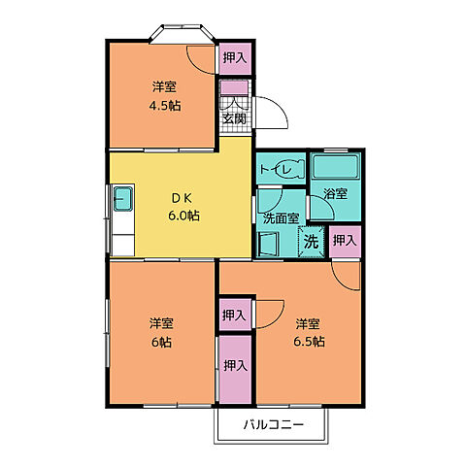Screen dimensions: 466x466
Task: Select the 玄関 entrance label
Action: click(x=233, y=118)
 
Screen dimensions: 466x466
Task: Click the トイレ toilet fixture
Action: click(x=282, y=167)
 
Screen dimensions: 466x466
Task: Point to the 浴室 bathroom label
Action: click(x=336, y=194)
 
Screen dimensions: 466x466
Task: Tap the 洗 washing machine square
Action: click(x=310, y=240)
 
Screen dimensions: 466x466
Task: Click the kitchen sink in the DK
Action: click(x=123, y=201)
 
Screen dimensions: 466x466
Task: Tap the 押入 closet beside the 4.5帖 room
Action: click(x=233, y=58)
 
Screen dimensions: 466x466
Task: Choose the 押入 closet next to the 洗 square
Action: click(x=344, y=240)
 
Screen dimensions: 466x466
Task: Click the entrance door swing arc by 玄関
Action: click(x=273, y=112)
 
